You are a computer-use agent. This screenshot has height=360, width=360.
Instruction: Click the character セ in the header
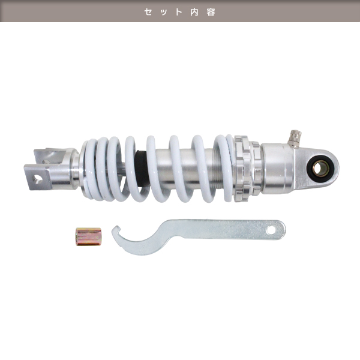[148, 12]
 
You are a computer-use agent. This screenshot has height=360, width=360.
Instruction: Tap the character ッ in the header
[164, 13]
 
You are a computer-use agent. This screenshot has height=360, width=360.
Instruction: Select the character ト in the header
[179, 12]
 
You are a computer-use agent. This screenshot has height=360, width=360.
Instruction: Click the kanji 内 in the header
[194, 12]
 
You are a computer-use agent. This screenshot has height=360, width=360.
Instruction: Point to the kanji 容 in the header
[211, 12]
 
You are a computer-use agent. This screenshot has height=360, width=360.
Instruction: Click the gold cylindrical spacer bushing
[88, 236]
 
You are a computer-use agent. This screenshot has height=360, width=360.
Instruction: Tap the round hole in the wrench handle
[271, 230]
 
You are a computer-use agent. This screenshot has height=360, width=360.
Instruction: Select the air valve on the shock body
[295, 139]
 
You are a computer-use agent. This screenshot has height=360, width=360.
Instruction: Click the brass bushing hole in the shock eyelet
[320, 169]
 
